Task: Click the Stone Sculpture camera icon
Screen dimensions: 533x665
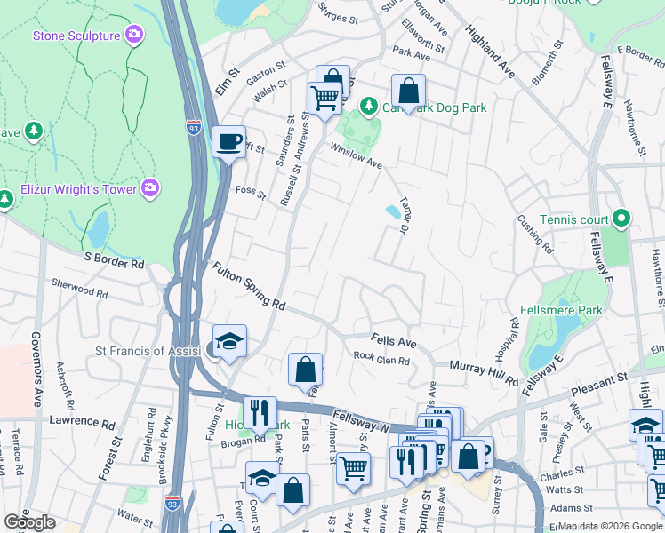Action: tap(134, 35)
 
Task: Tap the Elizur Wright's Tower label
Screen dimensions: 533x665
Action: tap(79, 189)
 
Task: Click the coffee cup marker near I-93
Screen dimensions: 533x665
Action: tap(229, 140)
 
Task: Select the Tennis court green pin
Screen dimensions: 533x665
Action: tap(621, 218)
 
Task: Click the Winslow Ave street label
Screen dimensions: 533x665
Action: tap(356, 156)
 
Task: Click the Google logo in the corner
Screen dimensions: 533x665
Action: tap(29, 522)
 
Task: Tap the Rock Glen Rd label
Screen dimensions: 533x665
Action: tap(381, 360)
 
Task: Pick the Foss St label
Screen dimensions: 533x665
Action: tap(251, 190)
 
